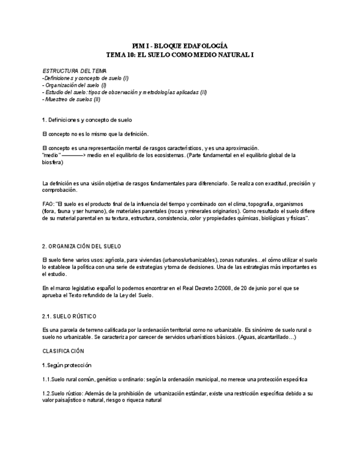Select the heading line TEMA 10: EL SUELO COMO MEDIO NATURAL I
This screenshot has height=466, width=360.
pos(180,55)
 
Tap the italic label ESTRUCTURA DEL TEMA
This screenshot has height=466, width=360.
pos(74,71)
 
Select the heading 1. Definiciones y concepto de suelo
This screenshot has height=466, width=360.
pos(87,120)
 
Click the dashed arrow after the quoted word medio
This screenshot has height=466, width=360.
pos(73,156)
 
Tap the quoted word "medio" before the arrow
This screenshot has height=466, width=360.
pos(51,156)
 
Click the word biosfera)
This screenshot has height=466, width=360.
pos(52,162)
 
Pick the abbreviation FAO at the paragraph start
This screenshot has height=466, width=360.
pos(48,204)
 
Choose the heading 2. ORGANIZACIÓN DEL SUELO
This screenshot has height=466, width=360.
pos(82,246)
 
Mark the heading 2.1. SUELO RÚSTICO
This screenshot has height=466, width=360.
pos(69,316)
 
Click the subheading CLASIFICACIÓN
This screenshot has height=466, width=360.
pos(63,351)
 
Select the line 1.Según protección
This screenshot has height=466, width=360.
pos(67,365)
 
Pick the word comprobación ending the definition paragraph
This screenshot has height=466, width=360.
pos(59,190)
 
